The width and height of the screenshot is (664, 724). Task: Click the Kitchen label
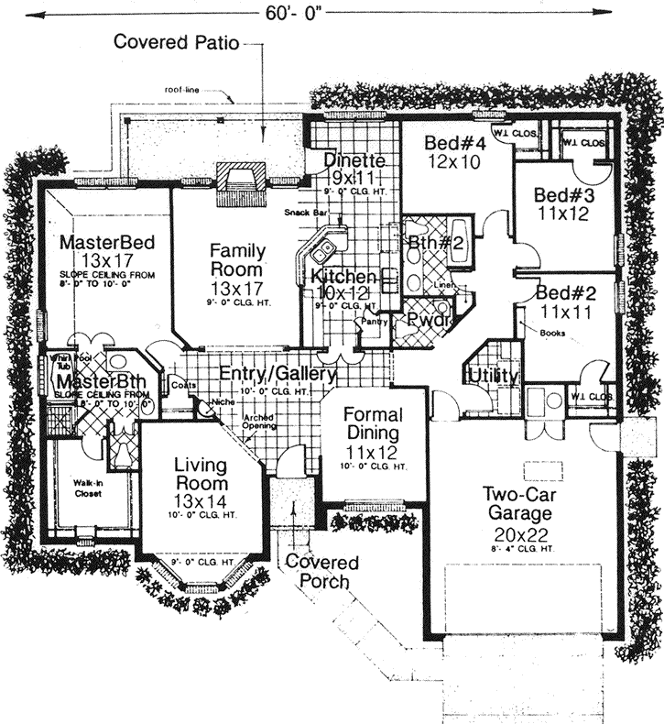tap(343, 277)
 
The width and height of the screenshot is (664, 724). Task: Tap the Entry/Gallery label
tap(278, 374)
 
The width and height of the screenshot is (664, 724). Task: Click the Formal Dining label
tap(374, 423)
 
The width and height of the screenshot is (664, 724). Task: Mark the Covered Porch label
tap(322, 571)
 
